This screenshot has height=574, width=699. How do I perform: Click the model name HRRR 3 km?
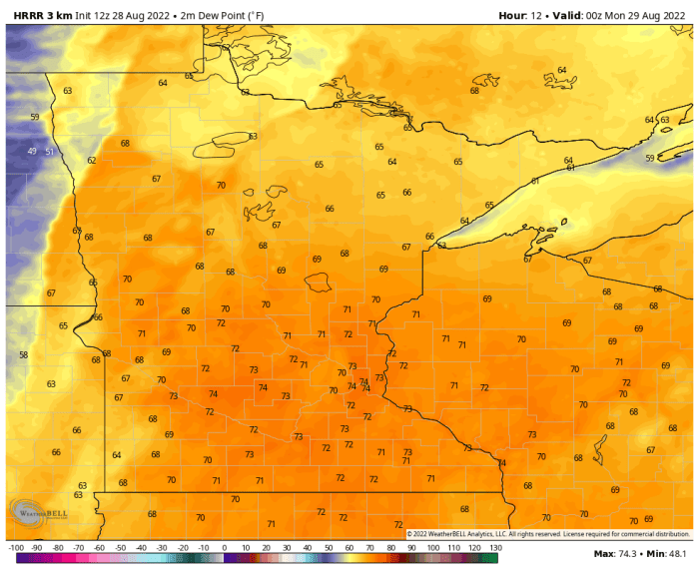[43, 15]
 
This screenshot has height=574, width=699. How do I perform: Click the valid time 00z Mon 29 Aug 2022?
[630, 15]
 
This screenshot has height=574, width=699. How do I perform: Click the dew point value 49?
[32, 151]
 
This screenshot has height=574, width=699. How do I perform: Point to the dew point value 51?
[50, 152]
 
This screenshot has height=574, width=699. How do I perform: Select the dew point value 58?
[23, 354]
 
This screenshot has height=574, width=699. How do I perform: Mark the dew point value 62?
[92, 160]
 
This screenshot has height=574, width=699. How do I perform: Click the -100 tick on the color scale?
[15, 548]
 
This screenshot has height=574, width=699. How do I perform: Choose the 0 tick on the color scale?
[225, 548]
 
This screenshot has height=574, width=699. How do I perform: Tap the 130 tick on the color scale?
[494, 548]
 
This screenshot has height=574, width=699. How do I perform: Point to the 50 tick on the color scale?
[329, 548]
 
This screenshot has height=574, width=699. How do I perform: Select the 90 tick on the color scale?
[411, 548]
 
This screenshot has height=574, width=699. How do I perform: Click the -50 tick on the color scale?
[120, 548]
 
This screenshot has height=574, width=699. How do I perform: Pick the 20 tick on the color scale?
[266, 548]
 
